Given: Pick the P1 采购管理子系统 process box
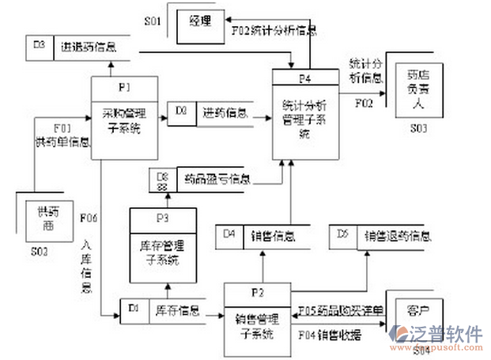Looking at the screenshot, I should (125, 118).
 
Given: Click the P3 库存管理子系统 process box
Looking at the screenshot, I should (167, 246).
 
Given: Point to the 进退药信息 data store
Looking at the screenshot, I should (87, 47).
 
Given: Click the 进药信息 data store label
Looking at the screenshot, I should (224, 112).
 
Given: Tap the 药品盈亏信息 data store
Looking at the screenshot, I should (213, 180).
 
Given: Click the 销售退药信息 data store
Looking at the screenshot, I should (396, 235).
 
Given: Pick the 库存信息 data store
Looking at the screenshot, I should (177, 309).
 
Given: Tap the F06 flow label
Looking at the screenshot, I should (89, 218).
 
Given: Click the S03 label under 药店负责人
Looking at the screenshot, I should (419, 127).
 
